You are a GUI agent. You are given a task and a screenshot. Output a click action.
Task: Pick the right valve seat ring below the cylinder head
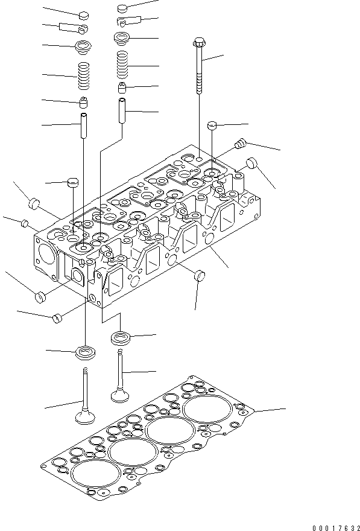121,337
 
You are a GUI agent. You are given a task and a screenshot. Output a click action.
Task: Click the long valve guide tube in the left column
83,124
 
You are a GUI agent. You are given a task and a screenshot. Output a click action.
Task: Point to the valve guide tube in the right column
122,110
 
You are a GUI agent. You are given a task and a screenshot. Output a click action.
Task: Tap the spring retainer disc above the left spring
83,45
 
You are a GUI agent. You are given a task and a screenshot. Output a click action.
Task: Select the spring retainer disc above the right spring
122,37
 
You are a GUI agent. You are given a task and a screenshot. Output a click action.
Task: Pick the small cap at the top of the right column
122,8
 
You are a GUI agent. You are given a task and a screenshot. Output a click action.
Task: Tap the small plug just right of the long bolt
212,125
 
